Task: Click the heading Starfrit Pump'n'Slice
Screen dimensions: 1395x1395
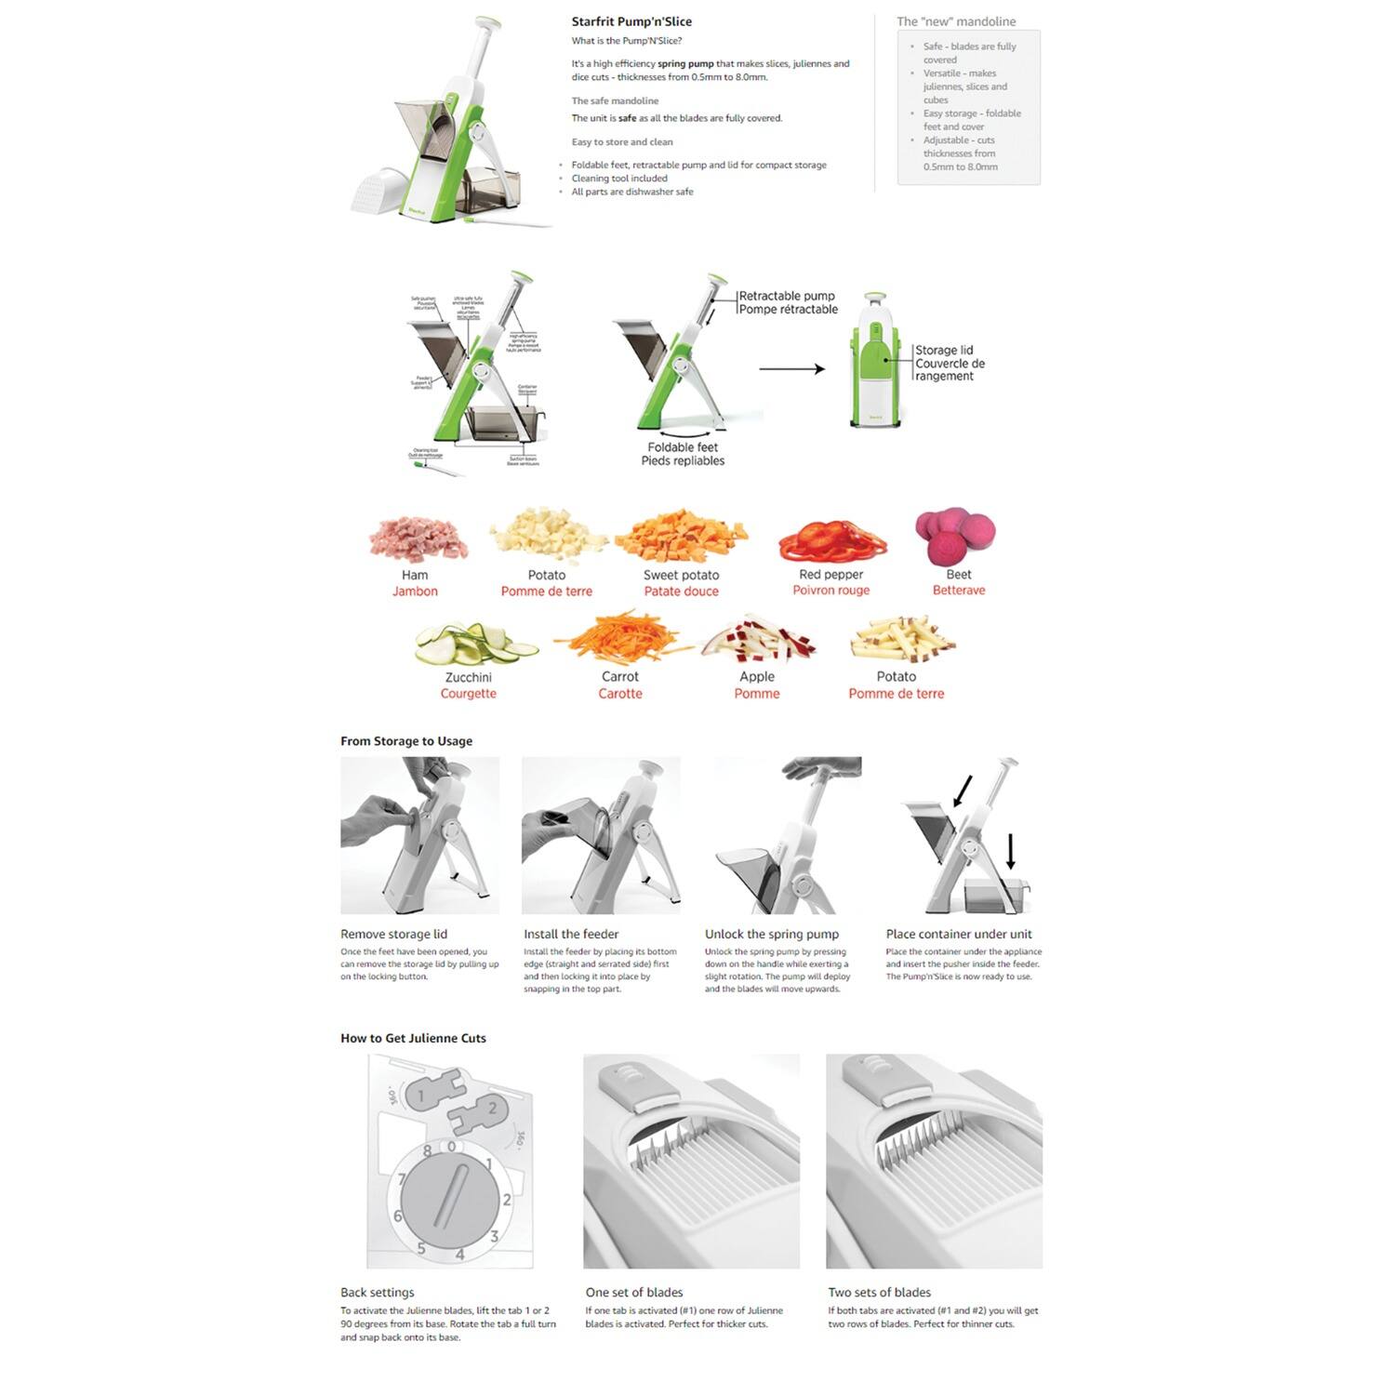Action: [x=631, y=21]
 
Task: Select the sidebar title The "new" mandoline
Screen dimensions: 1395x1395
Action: [x=955, y=21]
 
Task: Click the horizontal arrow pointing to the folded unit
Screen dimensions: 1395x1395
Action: [x=791, y=369]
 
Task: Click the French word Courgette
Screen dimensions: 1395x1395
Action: [x=468, y=694]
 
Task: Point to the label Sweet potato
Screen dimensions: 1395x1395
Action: [x=681, y=575]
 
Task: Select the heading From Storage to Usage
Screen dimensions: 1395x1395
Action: [x=406, y=741]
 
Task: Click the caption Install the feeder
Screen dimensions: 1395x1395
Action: [x=570, y=934]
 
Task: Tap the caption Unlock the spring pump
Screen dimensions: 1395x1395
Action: [x=771, y=934]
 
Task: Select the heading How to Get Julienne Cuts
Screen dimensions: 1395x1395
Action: [x=413, y=1038]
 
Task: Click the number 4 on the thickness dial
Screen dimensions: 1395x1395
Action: [x=459, y=1255]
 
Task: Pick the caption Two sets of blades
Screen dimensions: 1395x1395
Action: [x=879, y=1292]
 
